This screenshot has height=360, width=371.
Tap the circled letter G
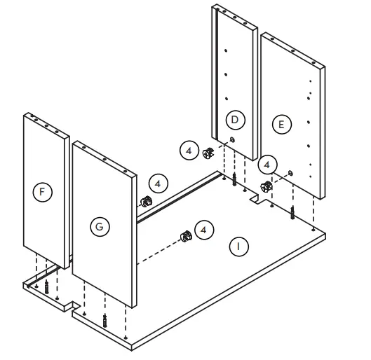coord(101,226)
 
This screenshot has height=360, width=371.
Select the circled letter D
coord(236,120)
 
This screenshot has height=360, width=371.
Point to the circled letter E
coord(281,125)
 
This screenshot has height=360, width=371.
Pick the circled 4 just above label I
coord(203,230)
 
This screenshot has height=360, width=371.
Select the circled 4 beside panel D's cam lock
coord(189,149)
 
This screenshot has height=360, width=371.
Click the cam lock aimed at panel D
coord(208,153)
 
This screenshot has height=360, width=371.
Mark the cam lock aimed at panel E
coord(267,187)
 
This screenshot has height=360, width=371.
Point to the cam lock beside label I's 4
coord(186,235)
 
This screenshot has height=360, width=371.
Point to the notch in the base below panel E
coord(258,202)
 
